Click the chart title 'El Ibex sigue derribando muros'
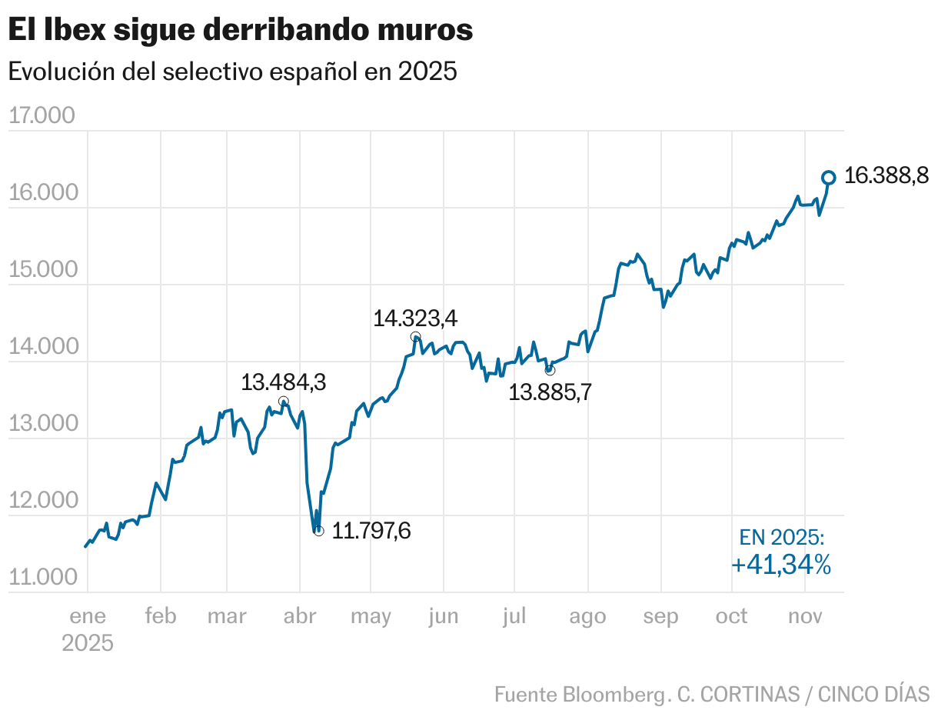pyautogui.click(x=240, y=30)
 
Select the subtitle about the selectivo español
pyautogui.click(x=232, y=72)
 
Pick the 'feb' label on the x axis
pyautogui.click(x=160, y=616)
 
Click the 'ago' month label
pyautogui.click(x=587, y=616)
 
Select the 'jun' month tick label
pyautogui.click(x=443, y=616)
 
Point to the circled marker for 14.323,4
pyautogui.click(x=416, y=337)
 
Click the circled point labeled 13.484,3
pyautogui.click(x=284, y=402)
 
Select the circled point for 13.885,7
pyautogui.click(x=550, y=370)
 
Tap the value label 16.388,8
pyautogui.click(x=886, y=176)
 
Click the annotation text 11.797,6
pyautogui.click(x=371, y=531)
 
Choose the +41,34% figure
pyautogui.click(x=781, y=565)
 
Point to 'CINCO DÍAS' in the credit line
pyautogui.click(x=873, y=694)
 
